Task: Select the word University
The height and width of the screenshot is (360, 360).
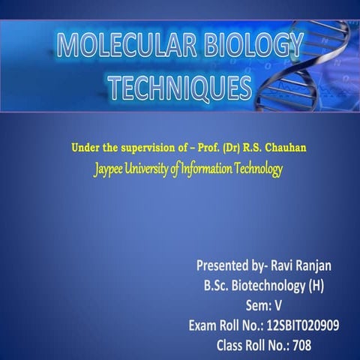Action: click(148, 169)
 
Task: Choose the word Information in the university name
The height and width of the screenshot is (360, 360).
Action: click(205, 169)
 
